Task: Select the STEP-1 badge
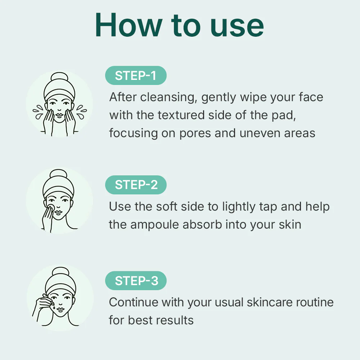[136, 76]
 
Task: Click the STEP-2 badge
[136, 185]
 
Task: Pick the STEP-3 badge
[136, 280]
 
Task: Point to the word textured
[181, 115]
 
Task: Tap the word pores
[195, 134]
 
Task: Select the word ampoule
[154, 225]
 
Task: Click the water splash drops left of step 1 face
[38, 112]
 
